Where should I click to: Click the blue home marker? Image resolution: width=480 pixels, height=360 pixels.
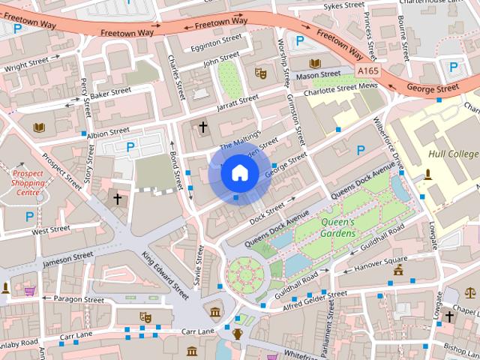[239, 173]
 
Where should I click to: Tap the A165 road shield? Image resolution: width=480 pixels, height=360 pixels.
[367, 70]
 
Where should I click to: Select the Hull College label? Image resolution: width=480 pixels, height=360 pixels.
[452, 154]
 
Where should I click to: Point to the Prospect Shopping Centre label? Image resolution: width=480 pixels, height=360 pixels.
[28, 181]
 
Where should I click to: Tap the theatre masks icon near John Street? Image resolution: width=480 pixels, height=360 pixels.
[261, 73]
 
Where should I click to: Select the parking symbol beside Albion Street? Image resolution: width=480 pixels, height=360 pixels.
[130, 147]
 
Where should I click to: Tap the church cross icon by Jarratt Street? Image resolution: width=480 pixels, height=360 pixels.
[202, 127]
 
